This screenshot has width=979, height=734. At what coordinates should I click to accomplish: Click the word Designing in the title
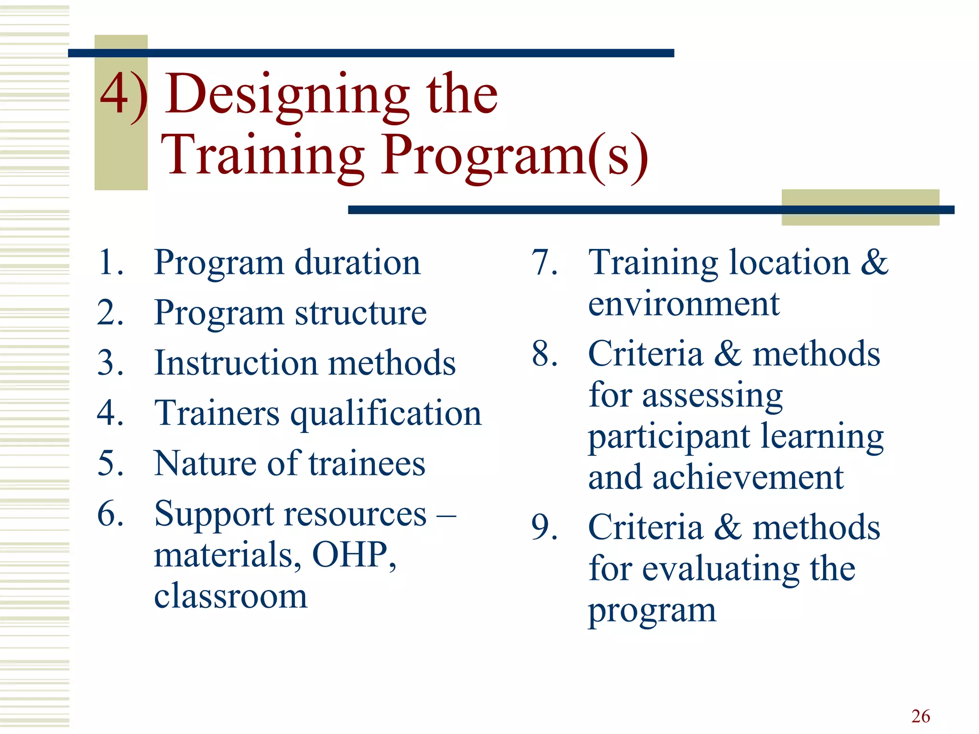pos(287,96)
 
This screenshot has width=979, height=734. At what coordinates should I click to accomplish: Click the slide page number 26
pos(920,716)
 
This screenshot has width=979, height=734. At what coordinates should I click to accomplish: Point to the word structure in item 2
pos(360,313)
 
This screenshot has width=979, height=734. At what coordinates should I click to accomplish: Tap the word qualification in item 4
pos(386,414)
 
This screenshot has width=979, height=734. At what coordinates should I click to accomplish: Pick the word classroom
pos(230,596)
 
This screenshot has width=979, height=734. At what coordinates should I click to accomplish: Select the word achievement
pos(748,477)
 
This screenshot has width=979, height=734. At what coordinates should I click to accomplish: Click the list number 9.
pos(544,528)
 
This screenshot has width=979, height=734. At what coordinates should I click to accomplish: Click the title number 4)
pos(122,96)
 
